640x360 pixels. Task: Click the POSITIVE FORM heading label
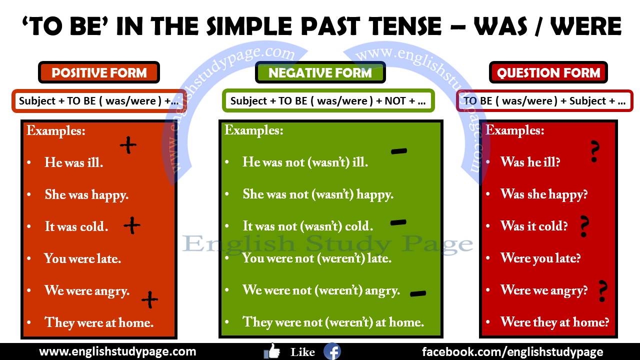(x=99, y=73)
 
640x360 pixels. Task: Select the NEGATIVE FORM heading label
(x=320, y=73)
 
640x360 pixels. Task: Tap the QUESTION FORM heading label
(x=548, y=73)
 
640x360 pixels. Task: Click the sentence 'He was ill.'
(x=73, y=162)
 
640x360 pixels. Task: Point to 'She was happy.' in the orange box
(x=86, y=194)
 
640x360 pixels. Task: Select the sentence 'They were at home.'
(x=98, y=322)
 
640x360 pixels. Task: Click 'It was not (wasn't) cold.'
(x=307, y=226)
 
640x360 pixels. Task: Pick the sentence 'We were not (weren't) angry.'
(x=321, y=290)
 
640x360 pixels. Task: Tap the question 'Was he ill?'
(x=530, y=162)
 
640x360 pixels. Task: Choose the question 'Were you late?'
(x=540, y=258)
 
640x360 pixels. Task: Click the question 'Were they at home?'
(x=554, y=322)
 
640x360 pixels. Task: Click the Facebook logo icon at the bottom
(x=332, y=351)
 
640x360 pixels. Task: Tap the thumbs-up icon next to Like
(x=272, y=351)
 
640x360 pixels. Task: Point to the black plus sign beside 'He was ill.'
(x=128, y=145)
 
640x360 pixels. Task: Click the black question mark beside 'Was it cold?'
(x=583, y=226)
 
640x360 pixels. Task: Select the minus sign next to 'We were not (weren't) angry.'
(x=417, y=294)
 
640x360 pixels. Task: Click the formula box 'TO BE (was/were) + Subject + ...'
(x=544, y=101)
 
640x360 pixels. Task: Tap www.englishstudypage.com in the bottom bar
(x=117, y=351)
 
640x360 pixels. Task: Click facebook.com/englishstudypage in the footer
(x=512, y=351)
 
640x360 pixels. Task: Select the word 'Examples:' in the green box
(x=253, y=131)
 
